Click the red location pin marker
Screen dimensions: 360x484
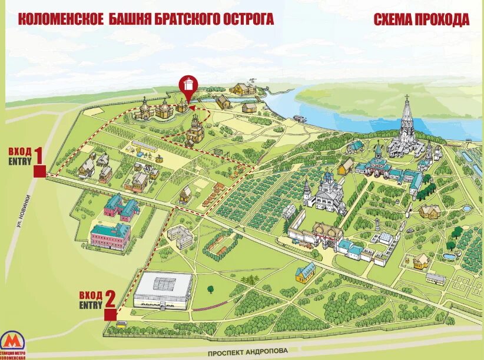tap(188, 88)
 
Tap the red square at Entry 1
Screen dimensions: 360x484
tap(39, 172)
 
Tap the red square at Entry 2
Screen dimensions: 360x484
tap(110, 315)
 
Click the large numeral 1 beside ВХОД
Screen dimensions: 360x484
tap(38, 156)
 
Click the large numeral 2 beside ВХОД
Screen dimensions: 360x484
tap(109, 299)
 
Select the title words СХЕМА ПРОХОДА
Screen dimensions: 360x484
tap(422, 19)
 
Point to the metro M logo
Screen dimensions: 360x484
tap(12, 342)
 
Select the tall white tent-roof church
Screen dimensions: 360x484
tap(405, 126)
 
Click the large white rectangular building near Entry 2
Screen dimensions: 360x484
tap(163, 289)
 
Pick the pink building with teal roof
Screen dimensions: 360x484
tap(110, 235)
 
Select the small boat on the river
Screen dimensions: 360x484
tap(300, 118)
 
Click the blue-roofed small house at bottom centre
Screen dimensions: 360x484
tap(305, 272)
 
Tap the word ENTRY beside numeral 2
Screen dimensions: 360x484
tap(91, 304)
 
